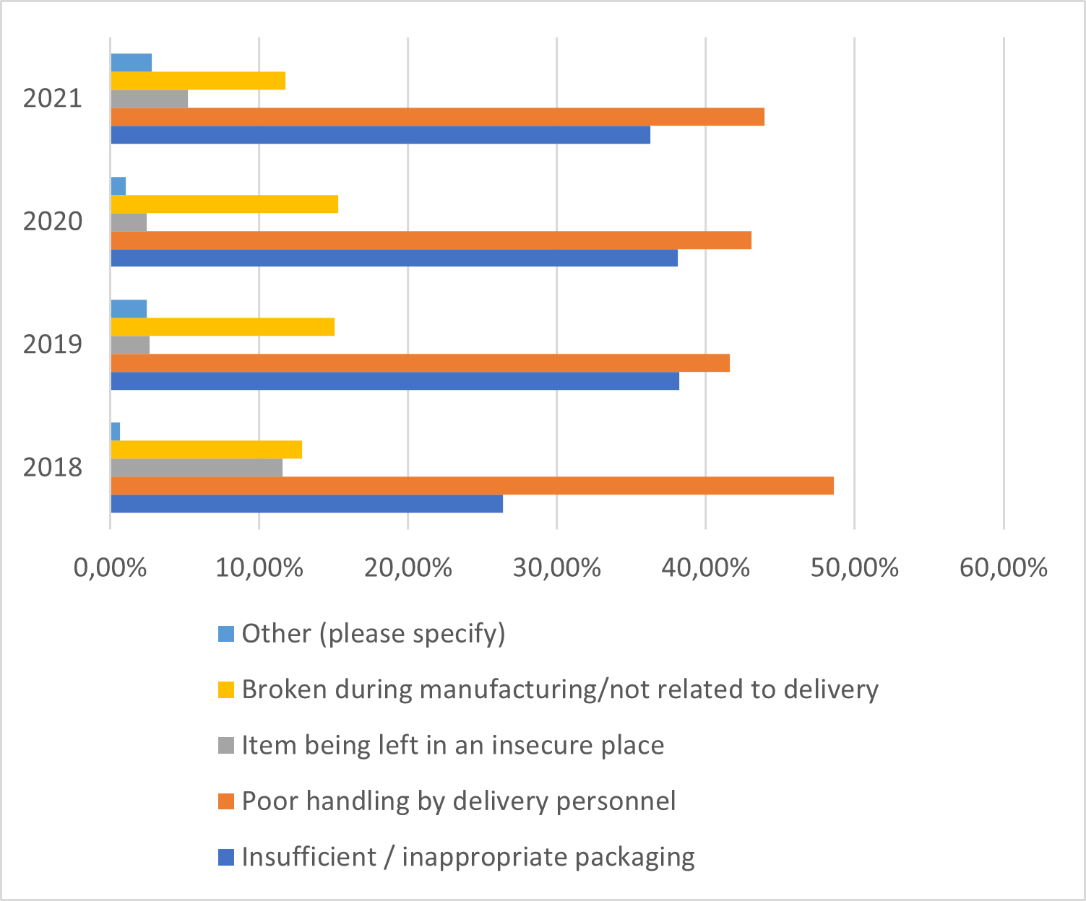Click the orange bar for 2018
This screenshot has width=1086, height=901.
coord(472,486)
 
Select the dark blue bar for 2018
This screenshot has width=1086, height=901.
coord(306,504)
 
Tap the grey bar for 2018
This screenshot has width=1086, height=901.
coord(197,468)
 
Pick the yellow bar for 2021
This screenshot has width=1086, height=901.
coord(198,81)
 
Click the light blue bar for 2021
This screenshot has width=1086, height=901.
coord(131,63)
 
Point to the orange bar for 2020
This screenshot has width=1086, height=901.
coord(431,240)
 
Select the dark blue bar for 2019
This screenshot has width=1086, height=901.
coord(395,381)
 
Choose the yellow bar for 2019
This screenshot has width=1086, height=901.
coord(223,327)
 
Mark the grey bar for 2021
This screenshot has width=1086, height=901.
coord(149,99)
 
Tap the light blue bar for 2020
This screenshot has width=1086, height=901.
coord(118,186)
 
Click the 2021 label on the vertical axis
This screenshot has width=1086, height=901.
coord(53,98)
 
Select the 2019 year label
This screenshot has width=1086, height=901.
coord(53,344)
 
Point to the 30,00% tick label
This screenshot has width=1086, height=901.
coord(556,568)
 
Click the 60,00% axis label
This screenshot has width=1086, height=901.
coord(1003,568)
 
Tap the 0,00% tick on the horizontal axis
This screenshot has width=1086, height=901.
coord(111,568)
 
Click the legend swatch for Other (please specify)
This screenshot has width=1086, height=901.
coord(226,634)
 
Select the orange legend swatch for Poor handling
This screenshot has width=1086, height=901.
coord(226,801)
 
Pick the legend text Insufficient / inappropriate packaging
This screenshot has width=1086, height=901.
coord(468,857)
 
